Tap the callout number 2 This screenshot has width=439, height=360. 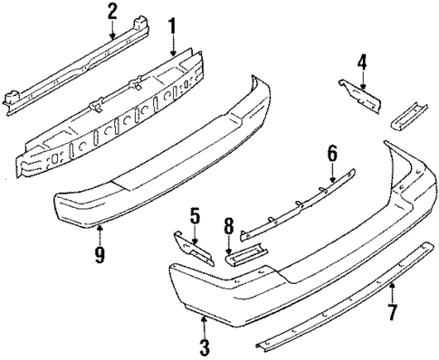pos(112,11)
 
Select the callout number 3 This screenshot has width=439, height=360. pos(204,346)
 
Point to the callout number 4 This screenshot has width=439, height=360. pos(362,62)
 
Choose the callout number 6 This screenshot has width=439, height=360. pos(332,155)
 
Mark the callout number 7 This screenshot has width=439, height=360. pos(392,315)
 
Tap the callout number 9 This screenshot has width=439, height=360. pos(100,255)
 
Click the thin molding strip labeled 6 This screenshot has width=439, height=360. pos(299,206)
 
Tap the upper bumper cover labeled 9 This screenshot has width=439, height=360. pos(154,154)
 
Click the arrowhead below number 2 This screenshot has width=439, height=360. pos(112,37)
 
